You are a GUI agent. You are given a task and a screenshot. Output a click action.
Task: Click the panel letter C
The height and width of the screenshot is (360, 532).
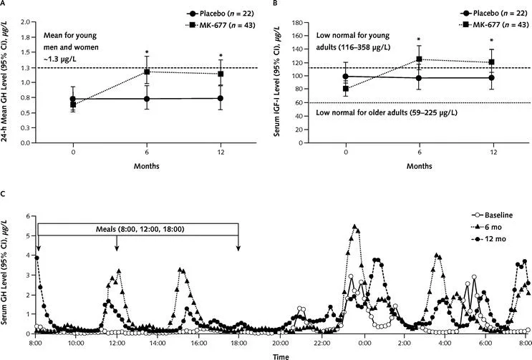click(x=4, y=194)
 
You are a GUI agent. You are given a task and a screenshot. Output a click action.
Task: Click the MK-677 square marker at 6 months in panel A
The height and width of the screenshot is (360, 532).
click(x=147, y=72)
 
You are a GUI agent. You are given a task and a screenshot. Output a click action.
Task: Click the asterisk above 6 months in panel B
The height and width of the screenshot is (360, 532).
click(x=420, y=40)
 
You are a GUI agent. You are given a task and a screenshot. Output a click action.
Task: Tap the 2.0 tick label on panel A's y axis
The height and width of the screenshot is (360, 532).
click(x=24, y=21)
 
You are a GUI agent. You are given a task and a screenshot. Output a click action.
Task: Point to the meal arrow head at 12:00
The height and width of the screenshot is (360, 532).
click(x=117, y=250)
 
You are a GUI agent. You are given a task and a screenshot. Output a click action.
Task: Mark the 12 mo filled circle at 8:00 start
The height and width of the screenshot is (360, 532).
click(x=37, y=258)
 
